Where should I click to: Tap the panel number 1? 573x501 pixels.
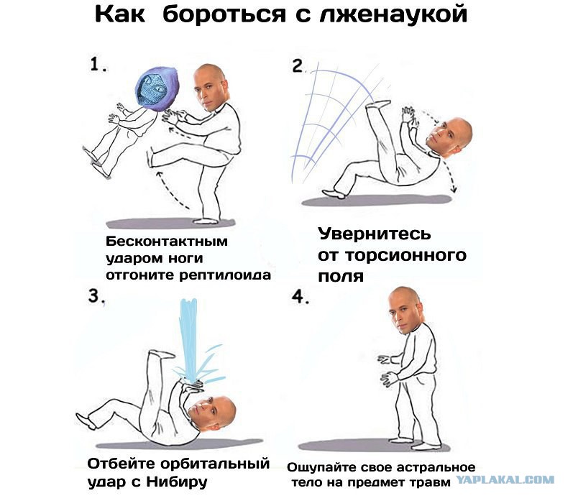pos(98,65)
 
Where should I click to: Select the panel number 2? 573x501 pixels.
pos(298,66)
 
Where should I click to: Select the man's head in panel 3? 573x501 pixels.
pos(214,415)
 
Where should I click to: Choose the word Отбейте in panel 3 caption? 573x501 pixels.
pos(119,461)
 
